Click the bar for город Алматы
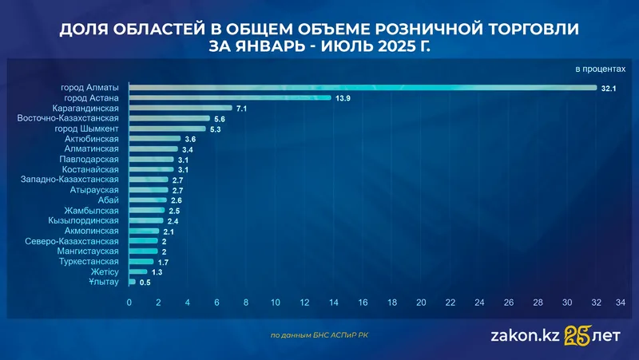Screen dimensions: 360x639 (363, 87)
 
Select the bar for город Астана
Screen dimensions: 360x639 (230, 97)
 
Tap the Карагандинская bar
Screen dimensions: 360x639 (181, 108)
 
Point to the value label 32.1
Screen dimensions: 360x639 (609, 88)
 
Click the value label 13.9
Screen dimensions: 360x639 (343, 98)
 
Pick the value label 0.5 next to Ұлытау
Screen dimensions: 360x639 (145, 283)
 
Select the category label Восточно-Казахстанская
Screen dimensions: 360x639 (68, 118)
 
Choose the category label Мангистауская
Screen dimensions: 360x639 (83, 251)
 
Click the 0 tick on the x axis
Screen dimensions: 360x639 (129, 303)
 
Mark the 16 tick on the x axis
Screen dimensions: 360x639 (363, 303)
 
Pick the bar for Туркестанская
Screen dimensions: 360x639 (141, 262)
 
